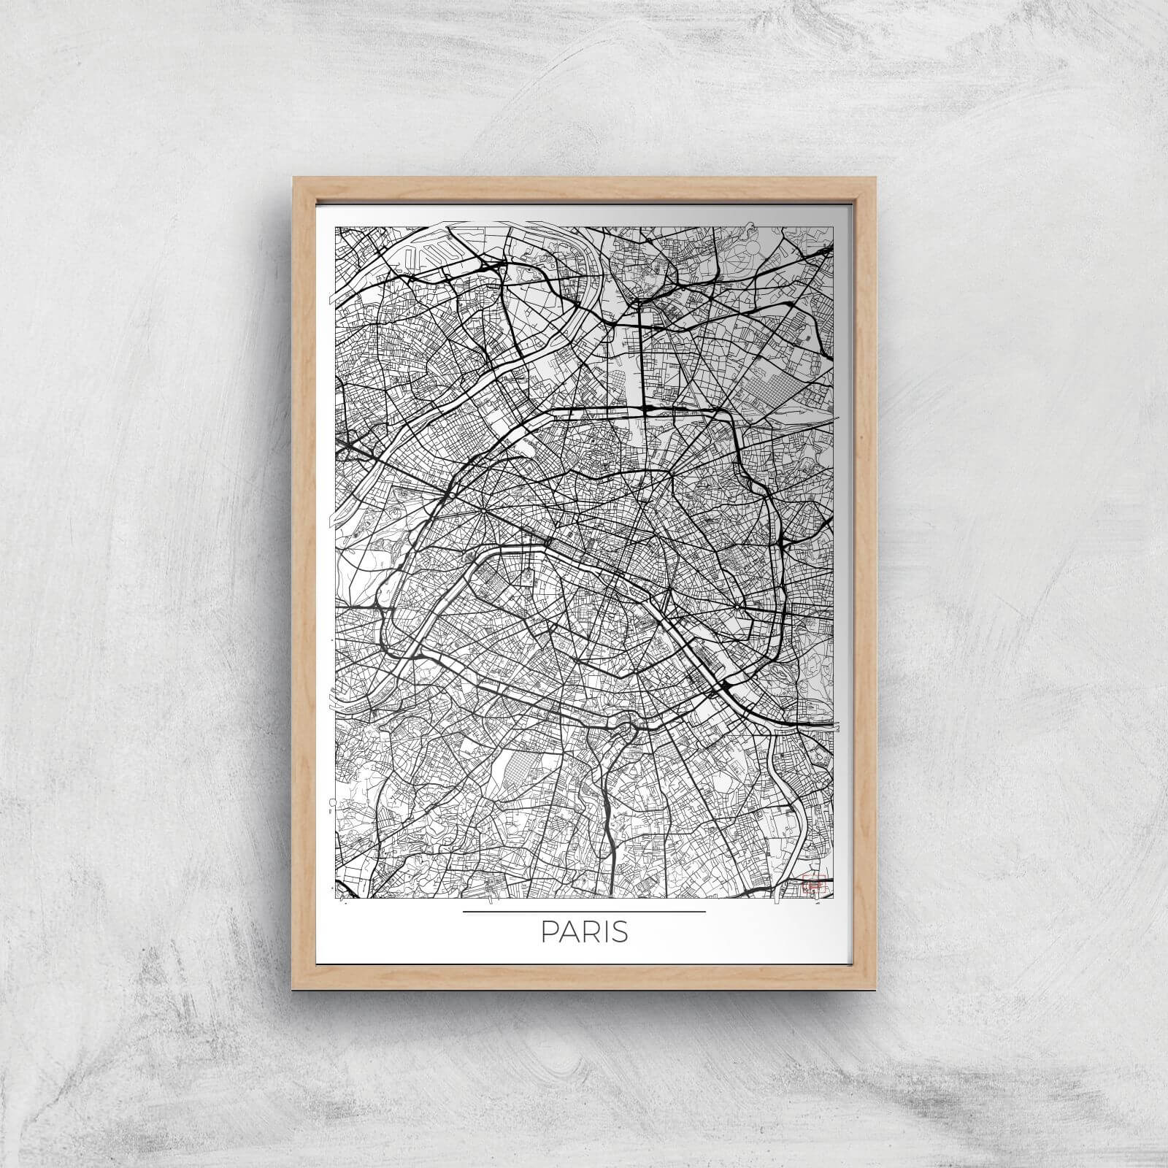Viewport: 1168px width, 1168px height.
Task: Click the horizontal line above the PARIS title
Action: point(584,912)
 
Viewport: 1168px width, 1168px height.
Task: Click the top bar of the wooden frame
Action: point(584,185)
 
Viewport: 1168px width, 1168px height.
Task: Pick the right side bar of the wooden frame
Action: point(867,584)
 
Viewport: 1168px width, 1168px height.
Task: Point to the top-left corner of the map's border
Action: point(335,226)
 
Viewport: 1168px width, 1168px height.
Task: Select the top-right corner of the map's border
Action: point(834,226)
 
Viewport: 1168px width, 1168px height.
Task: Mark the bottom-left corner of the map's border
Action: point(335,899)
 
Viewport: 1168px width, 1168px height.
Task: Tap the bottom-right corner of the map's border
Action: point(834,899)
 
